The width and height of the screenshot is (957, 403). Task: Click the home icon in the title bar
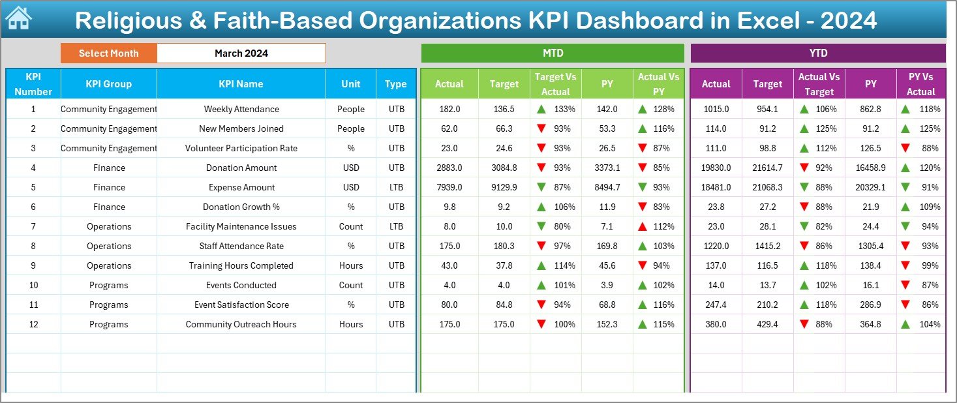tap(18, 19)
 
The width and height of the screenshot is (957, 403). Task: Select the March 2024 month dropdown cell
tap(241, 53)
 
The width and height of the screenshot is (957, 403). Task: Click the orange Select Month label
tap(108, 53)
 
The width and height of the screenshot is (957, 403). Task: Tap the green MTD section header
tap(553, 53)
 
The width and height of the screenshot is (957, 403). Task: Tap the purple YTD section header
tap(817, 53)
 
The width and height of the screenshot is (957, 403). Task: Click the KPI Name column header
tap(241, 83)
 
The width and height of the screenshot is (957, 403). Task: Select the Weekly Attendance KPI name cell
tap(241, 109)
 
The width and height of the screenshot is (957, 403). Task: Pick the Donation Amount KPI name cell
tap(241, 168)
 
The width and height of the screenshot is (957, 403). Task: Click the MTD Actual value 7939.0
tap(449, 187)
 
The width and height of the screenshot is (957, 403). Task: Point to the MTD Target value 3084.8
tap(504, 168)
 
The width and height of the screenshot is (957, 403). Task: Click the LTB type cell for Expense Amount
tap(396, 187)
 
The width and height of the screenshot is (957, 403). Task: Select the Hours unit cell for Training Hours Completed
tap(351, 265)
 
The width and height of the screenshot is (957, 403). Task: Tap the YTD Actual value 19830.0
tap(716, 168)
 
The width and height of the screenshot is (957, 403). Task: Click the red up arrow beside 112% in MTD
tap(643, 226)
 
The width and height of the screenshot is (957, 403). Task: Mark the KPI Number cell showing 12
tap(33, 324)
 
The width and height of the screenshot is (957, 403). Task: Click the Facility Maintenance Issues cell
tap(241, 226)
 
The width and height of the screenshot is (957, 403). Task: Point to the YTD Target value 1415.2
tap(767, 246)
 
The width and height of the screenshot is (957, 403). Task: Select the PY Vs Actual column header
tap(920, 84)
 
